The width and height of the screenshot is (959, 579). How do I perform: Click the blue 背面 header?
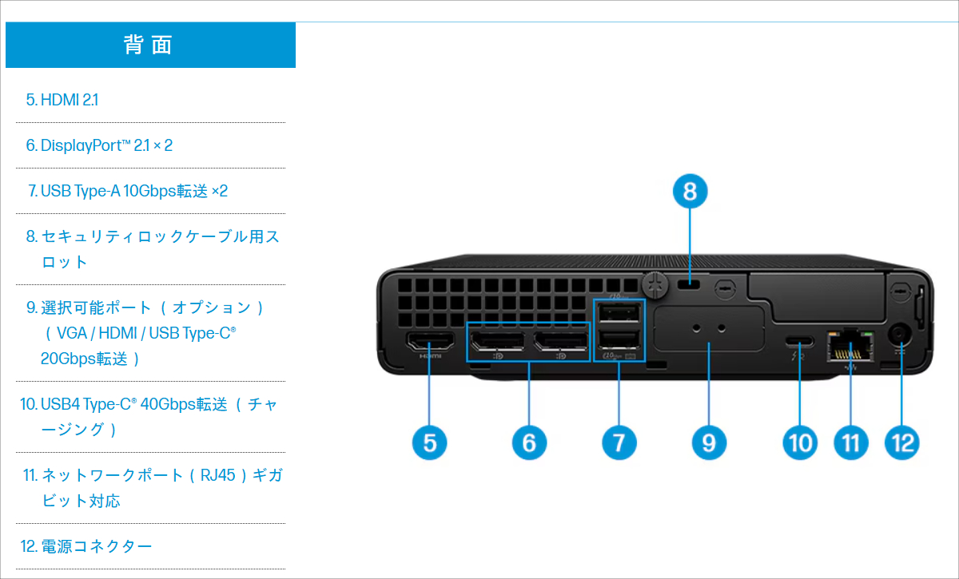click(x=150, y=45)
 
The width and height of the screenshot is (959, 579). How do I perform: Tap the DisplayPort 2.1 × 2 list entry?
click(x=99, y=145)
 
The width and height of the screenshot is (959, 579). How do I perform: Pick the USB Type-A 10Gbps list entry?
click(x=128, y=191)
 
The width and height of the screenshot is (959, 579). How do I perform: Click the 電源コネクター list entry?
click(x=86, y=546)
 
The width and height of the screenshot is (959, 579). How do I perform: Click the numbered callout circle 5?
click(x=430, y=442)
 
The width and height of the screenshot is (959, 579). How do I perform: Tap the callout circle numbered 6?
click(x=529, y=442)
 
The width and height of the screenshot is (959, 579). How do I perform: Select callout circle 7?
click(x=619, y=442)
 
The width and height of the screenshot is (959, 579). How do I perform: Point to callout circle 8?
click(x=690, y=192)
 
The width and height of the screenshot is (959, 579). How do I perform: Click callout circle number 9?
click(x=709, y=442)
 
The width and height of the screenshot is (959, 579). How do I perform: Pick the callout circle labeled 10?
click(x=800, y=442)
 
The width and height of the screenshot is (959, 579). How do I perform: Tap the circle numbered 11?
click(x=850, y=442)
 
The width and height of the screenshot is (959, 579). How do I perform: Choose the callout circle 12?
click(x=902, y=442)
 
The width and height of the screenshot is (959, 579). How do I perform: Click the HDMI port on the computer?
click(x=431, y=343)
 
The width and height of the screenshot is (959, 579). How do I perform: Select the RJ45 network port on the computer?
click(x=850, y=345)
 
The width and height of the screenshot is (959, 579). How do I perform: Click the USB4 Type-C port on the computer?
click(x=800, y=341)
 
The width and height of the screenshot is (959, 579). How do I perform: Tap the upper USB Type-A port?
click(x=619, y=311)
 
